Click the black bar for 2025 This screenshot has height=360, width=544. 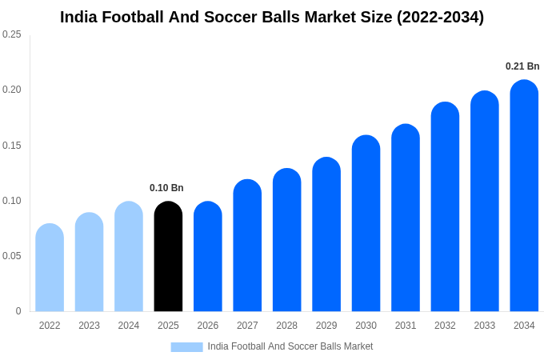point(168,257)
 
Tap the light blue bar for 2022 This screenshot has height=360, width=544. point(50,268)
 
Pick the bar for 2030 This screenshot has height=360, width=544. point(366,224)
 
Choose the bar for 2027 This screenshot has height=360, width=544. point(247,246)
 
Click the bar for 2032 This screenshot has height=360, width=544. point(445,207)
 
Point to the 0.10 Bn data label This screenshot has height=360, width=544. point(166,188)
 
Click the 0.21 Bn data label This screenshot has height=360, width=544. point(522,66)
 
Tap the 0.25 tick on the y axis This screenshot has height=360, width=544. point(12,34)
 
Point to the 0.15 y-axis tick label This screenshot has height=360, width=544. point(12,146)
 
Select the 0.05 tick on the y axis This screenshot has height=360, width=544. point(12,256)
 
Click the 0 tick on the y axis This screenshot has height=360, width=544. point(18,311)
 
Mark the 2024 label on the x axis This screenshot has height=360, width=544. point(129,326)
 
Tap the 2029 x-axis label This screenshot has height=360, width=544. point(326,326)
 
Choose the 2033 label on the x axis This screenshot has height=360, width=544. point(485,326)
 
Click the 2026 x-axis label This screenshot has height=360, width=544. point(208,326)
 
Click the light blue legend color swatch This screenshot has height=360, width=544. point(186,346)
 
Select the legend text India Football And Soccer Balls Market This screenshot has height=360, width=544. point(290,346)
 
